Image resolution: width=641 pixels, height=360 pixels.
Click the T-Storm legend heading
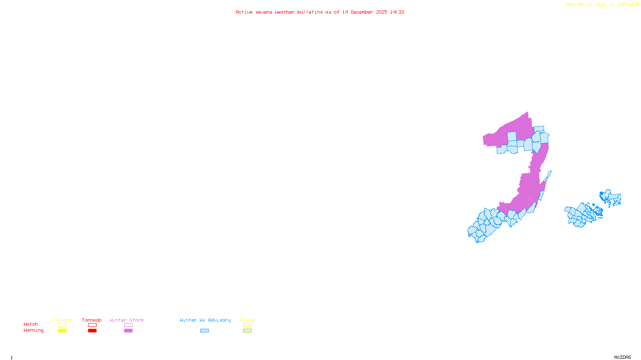click(62, 320)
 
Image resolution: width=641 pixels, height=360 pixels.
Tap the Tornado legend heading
click(92, 320)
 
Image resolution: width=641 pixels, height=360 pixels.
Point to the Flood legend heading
click(247, 320)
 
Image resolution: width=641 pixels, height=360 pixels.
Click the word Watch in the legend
click(31, 324)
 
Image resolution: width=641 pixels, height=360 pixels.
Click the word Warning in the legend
click(34, 330)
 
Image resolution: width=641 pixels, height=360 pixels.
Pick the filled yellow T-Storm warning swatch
click(62, 331)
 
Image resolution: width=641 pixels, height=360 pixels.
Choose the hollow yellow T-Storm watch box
click(62, 325)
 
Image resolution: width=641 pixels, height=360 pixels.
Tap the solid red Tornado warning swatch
click(92, 331)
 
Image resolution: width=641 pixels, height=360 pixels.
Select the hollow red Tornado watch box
click(92, 325)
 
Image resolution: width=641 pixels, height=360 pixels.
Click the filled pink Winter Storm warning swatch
click(128, 331)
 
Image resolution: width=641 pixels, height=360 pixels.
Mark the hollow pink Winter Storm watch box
click(128, 325)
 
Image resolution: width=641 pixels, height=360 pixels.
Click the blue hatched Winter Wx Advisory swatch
click(204, 331)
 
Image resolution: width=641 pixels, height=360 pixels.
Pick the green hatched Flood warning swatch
click(247, 331)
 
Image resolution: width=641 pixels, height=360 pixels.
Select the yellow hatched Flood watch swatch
click(247, 325)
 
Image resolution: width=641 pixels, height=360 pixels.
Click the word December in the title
click(362, 12)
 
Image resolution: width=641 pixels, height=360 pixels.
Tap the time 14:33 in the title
click(397, 12)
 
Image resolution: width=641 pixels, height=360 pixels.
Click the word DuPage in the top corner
click(625, 4)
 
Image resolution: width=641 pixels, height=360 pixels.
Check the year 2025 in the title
click(381, 12)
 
